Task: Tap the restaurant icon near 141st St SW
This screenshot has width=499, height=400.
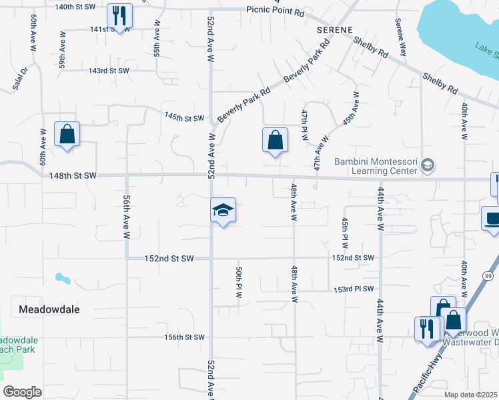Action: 119,16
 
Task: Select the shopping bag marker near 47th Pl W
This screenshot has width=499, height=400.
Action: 275,141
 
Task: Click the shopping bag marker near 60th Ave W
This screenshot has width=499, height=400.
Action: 67,135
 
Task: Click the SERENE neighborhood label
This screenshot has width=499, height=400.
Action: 334,31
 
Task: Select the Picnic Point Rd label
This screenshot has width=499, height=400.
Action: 275,11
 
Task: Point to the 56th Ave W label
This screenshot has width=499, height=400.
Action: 126,217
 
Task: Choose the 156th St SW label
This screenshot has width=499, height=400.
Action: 185,337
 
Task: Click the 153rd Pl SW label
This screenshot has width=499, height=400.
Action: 353,290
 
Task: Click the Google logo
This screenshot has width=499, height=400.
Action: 23,392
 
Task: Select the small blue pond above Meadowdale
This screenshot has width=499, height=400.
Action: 63,278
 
